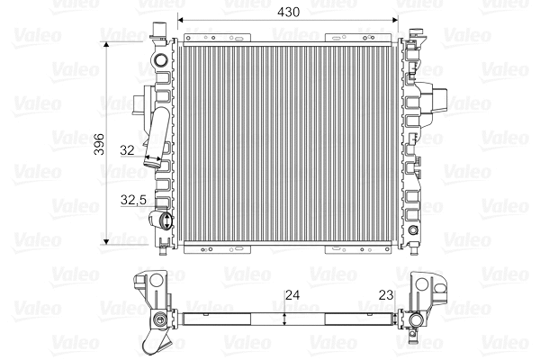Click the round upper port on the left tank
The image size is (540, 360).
pyautogui.click(x=160, y=62)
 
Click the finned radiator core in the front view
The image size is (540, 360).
pyautogui.click(x=288, y=144)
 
